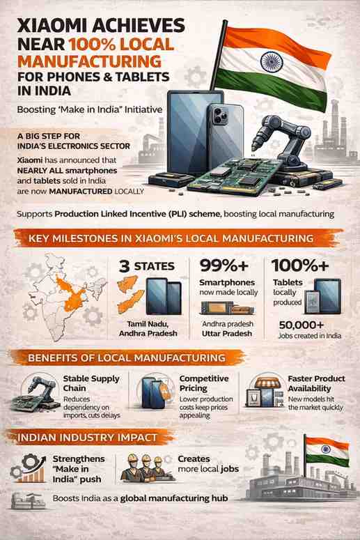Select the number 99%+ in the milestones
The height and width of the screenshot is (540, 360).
click(x=224, y=265)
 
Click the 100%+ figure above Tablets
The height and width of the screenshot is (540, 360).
click(x=300, y=265)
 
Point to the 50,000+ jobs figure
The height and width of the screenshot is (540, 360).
click(x=302, y=325)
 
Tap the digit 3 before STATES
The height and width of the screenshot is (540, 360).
click(x=124, y=267)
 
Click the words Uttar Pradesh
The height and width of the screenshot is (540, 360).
click(x=227, y=333)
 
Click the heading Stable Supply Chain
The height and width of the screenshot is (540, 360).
click(x=91, y=383)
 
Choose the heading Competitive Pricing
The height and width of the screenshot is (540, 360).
click(x=204, y=383)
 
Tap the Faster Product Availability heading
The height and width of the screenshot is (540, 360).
click(x=316, y=383)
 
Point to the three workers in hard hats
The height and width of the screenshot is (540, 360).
click(x=146, y=468)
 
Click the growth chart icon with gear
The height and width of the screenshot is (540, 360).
click(x=29, y=468)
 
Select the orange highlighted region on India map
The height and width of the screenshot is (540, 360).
click(x=71, y=294)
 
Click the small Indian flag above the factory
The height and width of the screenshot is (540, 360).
click(x=327, y=451)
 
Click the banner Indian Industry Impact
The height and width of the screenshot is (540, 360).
click(x=87, y=438)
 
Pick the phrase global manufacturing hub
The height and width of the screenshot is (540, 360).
click(x=174, y=498)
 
